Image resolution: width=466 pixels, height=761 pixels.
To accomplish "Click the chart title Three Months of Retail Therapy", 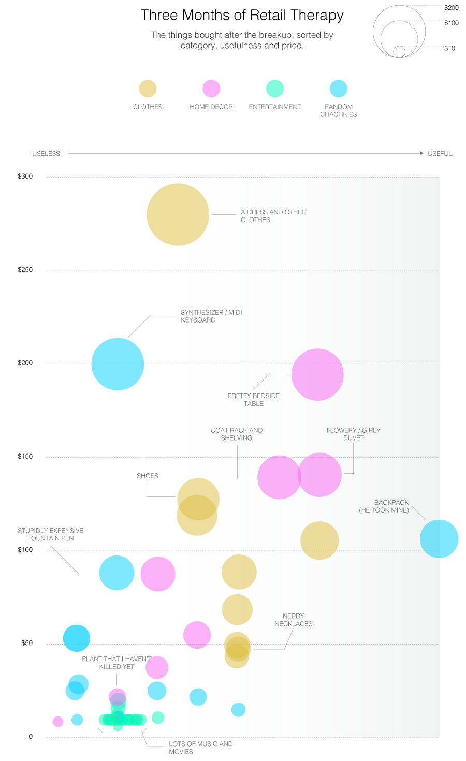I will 242,15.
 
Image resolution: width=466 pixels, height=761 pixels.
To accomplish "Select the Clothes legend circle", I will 148,89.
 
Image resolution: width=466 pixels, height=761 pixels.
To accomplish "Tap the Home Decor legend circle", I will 211,89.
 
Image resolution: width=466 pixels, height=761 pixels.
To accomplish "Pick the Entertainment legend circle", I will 275,89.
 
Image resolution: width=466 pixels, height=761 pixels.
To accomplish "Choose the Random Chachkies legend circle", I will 339,89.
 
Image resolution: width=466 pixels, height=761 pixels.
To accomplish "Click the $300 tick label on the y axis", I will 25,177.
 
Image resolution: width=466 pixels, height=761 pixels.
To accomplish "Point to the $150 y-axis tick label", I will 25,457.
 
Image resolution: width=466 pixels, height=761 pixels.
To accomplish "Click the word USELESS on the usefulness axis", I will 46,154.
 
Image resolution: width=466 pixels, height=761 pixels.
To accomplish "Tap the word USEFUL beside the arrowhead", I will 440,154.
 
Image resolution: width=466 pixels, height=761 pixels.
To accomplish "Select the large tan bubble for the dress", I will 178,214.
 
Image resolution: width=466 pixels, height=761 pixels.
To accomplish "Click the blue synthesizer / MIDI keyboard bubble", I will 118,364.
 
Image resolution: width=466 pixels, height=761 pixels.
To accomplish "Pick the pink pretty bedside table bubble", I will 317,374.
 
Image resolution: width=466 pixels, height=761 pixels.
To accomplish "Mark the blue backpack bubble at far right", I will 439,538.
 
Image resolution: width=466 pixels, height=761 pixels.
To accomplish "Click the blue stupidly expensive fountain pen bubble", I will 116,573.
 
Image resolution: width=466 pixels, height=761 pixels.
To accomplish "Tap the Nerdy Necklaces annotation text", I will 293,620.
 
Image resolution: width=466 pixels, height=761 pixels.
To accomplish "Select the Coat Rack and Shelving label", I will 237,434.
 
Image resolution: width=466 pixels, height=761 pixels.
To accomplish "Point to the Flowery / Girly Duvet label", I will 353,434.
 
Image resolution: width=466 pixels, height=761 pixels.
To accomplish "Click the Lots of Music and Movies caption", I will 200,748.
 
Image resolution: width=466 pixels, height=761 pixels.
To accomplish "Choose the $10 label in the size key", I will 449,48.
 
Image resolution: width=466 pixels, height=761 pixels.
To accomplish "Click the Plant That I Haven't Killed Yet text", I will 116,663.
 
